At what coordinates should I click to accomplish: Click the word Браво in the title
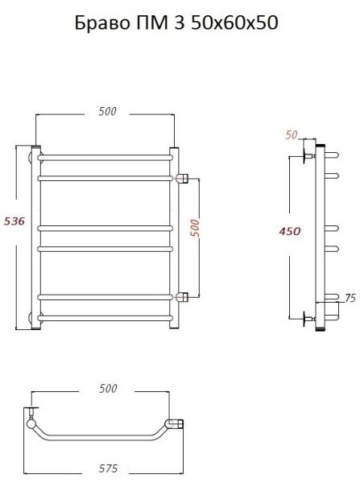pyautogui.click(x=102, y=23)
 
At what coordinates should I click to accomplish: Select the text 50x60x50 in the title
pyautogui.click(x=234, y=23)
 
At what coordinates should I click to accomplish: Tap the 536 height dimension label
pyautogui.click(x=14, y=221)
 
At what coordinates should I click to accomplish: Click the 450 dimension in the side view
pyautogui.click(x=289, y=231)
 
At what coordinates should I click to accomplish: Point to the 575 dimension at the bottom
pyautogui.click(x=108, y=469)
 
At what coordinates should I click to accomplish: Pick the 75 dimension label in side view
pyautogui.click(x=350, y=298)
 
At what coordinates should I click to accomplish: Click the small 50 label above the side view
pyautogui.click(x=292, y=135)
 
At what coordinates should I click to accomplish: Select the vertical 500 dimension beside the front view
pyautogui.click(x=195, y=228)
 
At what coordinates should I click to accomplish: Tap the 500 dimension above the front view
pyautogui.click(x=108, y=111)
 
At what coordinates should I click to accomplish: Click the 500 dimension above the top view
pyautogui.click(x=108, y=389)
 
